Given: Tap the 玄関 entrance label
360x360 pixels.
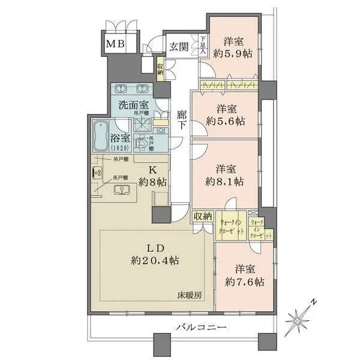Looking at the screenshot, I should click(179, 47).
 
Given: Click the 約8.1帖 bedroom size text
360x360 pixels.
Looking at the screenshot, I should click(230, 180).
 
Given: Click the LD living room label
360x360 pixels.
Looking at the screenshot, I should click(152, 248).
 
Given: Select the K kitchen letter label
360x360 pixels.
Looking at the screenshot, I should click(154, 169).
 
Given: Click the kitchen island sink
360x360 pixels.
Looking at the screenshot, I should click(123, 191).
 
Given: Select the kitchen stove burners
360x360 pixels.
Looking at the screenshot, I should click(97, 173).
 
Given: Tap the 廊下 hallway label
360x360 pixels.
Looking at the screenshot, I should click(182, 120).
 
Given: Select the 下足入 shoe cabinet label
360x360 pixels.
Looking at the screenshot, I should click(203, 46).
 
